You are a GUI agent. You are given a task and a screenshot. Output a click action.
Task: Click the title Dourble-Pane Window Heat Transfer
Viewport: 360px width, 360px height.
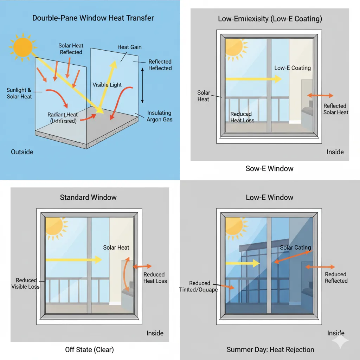click(x=93, y=18)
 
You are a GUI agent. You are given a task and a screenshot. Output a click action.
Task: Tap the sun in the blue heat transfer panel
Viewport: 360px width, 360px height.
click(x=22, y=47)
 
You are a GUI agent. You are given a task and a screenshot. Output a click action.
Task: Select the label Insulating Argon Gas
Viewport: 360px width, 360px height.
click(x=159, y=116)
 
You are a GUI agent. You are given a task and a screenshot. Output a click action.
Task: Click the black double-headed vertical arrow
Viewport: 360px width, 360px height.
click(x=142, y=85)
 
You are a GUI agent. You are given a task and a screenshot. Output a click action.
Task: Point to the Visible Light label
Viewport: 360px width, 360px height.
click(x=107, y=85)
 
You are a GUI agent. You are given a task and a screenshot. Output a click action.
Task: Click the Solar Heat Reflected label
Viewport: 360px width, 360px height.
click(x=71, y=49)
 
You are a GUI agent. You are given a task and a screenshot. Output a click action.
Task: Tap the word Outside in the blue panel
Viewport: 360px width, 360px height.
click(x=22, y=152)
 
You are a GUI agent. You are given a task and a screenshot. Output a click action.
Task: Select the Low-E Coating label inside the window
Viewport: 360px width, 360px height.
click(x=292, y=68)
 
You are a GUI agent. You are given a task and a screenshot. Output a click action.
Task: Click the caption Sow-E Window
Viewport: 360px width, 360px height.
click(x=269, y=168)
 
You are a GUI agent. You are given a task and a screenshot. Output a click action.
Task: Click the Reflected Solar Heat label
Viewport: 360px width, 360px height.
click(x=335, y=109)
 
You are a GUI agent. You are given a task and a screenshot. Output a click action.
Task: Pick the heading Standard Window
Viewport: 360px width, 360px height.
click(x=88, y=197)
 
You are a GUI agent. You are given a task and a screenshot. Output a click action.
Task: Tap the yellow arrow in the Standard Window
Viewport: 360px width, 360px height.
click(x=74, y=260)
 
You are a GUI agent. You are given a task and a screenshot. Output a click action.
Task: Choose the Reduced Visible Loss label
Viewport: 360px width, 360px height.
click(x=26, y=283)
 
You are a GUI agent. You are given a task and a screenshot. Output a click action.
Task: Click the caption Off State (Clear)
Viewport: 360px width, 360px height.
click(x=89, y=349)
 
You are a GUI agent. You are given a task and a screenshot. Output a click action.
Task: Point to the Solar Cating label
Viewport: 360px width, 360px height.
click(x=295, y=247)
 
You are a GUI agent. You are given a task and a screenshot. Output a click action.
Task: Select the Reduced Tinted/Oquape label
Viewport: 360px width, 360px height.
click(x=203, y=287)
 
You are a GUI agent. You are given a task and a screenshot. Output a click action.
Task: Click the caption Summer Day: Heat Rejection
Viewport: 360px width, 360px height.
click(x=270, y=349)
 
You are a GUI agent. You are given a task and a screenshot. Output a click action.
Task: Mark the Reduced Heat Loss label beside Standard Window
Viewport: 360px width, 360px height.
click(x=155, y=278)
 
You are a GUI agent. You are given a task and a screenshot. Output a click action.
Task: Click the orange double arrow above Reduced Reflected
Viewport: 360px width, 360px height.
click(x=320, y=267)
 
